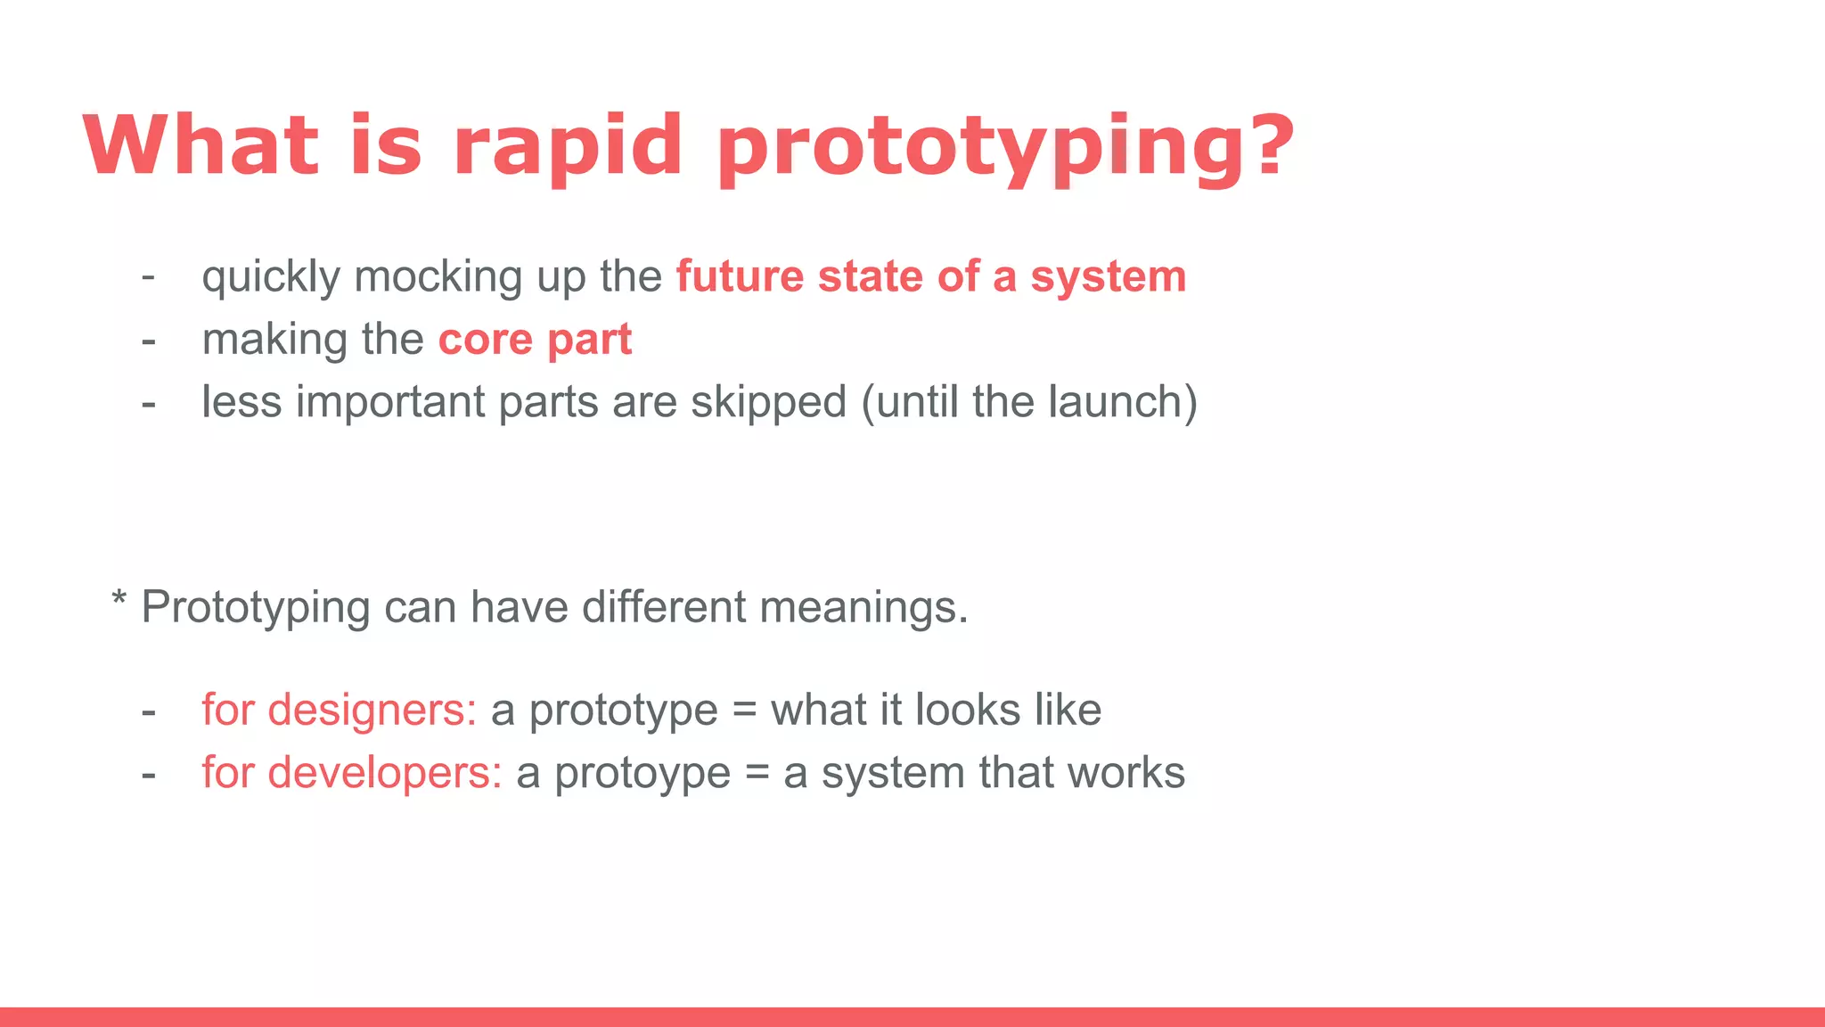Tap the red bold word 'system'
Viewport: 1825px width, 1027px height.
tap(1108, 278)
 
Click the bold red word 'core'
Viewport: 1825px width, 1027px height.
tap(485, 341)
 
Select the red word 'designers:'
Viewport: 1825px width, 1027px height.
tap(372, 711)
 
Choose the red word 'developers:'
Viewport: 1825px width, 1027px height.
tap(385, 773)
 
